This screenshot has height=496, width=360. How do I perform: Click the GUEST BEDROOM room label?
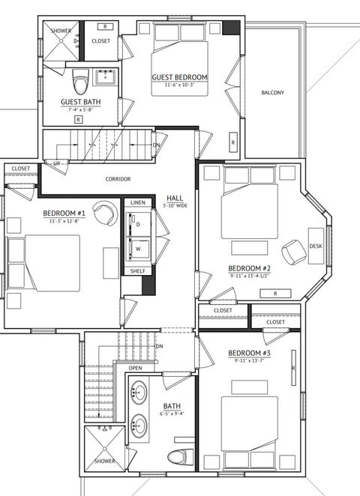point(179,77)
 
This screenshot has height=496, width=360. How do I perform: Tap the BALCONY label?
point(272,93)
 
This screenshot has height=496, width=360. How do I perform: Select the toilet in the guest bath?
point(79,79)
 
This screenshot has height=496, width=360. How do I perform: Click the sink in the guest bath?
point(104,76)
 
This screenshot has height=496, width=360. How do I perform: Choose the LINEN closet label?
point(137,203)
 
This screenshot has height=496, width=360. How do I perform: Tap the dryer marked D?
point(138,224)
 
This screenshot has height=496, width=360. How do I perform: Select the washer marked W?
point(138,248)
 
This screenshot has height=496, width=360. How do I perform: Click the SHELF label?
point(137,270)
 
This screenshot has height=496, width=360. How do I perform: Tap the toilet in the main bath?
point(178,456)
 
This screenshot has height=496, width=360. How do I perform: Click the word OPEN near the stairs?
point(135,368)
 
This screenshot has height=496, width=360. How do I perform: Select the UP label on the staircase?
point(57,163)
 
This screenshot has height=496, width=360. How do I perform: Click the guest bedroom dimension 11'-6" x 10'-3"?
point(179,85)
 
